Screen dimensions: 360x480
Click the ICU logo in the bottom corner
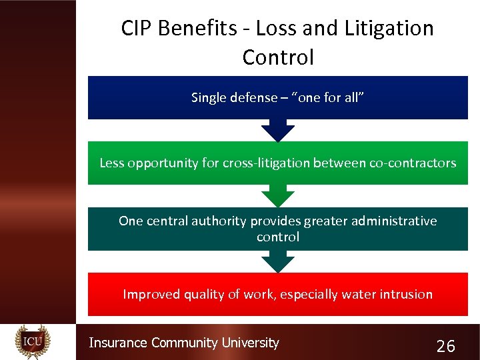coord(33,341)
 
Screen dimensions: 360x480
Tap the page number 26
coord(445,346)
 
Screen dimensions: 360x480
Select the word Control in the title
coord(278,57)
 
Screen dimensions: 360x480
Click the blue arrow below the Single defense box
coord(278,130)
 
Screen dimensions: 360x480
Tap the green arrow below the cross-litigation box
coord(278,195)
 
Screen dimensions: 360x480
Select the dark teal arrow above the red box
coord(278,261)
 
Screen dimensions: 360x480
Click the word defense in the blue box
coord(253,98)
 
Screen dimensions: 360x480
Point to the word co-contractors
coord(413,163)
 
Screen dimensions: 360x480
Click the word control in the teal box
coord(278,237)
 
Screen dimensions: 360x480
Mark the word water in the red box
coord(359,294)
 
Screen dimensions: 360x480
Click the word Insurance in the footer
coord(118,343)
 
